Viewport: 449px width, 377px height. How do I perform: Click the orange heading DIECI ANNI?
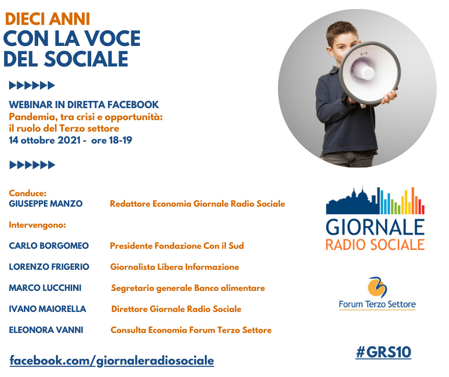[47, 19]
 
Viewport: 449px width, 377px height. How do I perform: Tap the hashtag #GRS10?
[383, 353]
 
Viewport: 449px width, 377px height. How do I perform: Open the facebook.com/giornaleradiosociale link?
[112, 360]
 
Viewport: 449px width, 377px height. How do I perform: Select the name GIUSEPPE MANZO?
[45, 204]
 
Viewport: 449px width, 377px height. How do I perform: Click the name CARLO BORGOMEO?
[49, 246]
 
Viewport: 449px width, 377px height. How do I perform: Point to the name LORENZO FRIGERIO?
[49, 267]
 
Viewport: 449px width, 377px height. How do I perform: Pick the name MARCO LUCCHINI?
[45, 288]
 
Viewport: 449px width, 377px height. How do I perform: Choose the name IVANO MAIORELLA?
[47, 309]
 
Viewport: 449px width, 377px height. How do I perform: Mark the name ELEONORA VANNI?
[46, 330]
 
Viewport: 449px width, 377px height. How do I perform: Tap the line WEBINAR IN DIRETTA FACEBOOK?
[84, 105]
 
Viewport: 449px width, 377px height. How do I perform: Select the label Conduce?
[28, 193]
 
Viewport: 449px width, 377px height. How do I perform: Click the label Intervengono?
[37, 224]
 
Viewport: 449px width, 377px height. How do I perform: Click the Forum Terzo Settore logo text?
[377, 304]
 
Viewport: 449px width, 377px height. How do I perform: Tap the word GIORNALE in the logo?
[375, 226]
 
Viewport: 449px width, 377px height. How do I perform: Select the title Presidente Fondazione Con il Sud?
[177, 246]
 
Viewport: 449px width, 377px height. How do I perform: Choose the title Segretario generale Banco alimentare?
[188, 288]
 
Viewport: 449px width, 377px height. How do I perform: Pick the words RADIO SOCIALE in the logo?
[375, 244]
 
